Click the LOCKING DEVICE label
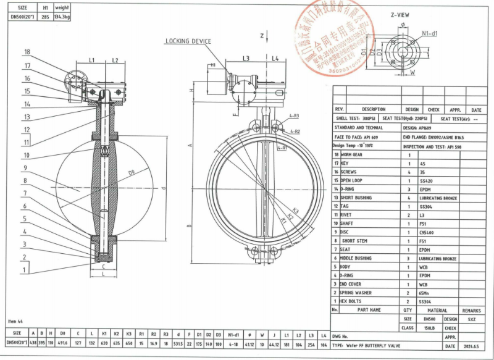[x=188, y=41]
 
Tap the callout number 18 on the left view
[x=27, y=52]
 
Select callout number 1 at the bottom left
[x=25, y=270]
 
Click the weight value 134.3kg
[x=62, y=18]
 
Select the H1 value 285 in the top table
[x=44, y=18]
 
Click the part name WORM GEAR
[x=353, y=154]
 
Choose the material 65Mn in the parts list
[x=425, y=292]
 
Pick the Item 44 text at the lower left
[x=16, y=322]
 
